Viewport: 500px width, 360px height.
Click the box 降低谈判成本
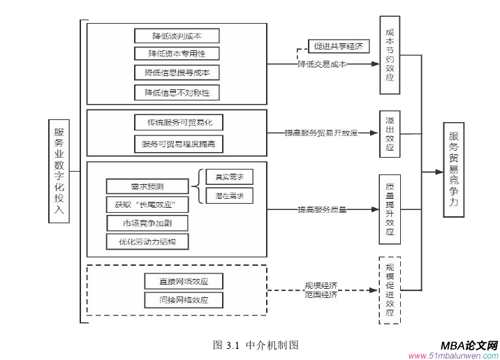pyautogui.click(x=177, y=36)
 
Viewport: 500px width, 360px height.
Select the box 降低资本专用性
pyautogui.click(x=177, y=54)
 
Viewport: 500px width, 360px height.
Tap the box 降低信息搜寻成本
pyautogui.click(x=177, y=73)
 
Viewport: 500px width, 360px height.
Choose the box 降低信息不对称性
pyautogui.click(x=177, y=92)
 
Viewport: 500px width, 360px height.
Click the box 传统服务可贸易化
pyautogui.click(x=179, y=123)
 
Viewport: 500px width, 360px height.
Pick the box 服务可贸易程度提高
pyautogui.click(x=179, y=144)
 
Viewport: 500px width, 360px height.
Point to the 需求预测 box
pyautogui.click(x=147, y=186)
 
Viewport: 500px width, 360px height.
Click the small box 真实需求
pyautogui.click(x=229, y=177)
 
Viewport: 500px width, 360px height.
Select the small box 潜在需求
pyautogui.click(x=229, y=196)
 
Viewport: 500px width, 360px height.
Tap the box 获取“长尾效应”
pyautogui.click(x=147, y=204)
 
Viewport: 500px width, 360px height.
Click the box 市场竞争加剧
pyautogui.click(x=147, y=223)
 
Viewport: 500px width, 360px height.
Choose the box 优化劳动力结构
pyautogui.click(x=147, y=242)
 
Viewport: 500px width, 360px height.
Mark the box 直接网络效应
pyautogui.click(x=184, y=281)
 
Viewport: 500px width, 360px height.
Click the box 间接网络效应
pyautogui.click(x=184, y=300)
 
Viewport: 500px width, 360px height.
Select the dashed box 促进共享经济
pyautogui.click(x=339, y=47)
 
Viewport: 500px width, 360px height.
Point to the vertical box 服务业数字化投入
pyautogui.click(x=59, y=171)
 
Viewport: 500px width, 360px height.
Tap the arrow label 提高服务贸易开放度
pyautogui.click(x=321, y=132)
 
